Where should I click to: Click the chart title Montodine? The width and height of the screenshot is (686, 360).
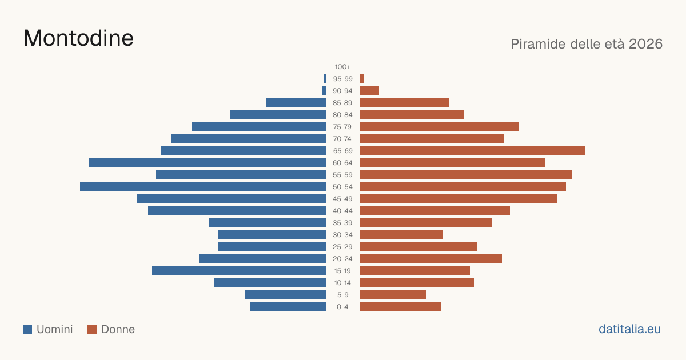(x=78, y=38)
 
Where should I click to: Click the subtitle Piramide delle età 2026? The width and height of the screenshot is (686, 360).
(x=587, y=44)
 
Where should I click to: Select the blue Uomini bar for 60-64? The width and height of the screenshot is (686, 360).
(x=207, y=162)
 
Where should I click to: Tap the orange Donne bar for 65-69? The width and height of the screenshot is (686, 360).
(x=472, y=151)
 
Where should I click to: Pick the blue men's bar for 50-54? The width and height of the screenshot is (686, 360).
(x=203, y=187)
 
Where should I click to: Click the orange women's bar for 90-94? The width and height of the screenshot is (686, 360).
(x=369, y=91)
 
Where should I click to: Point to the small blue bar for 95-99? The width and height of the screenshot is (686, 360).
(x=325, y=79)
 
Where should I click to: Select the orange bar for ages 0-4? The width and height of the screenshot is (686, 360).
(x=400, y=307)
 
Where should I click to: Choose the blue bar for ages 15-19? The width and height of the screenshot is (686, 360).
(x=239, y=271)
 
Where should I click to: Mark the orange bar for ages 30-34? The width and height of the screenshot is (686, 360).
(x=401, y=235)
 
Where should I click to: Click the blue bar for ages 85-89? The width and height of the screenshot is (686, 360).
(x=296, y=102)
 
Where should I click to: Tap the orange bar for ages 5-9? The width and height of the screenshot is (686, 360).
(x=393, y=295)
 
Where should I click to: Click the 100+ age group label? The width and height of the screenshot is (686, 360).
(x=342, y=67)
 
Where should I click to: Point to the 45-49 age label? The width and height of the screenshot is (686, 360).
(x=342, y=199)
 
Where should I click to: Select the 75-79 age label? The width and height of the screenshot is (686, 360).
(x=342, y=127)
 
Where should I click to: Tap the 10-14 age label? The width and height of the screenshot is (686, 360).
(x=342, y=283)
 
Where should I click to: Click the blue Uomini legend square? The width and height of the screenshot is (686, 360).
(x=27, y=329)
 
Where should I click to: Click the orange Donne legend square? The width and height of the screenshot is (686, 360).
(x=92, y=329)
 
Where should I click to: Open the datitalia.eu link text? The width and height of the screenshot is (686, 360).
(x=629, y=329)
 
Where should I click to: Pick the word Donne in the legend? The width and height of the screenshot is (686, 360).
(x=118, y=329)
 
